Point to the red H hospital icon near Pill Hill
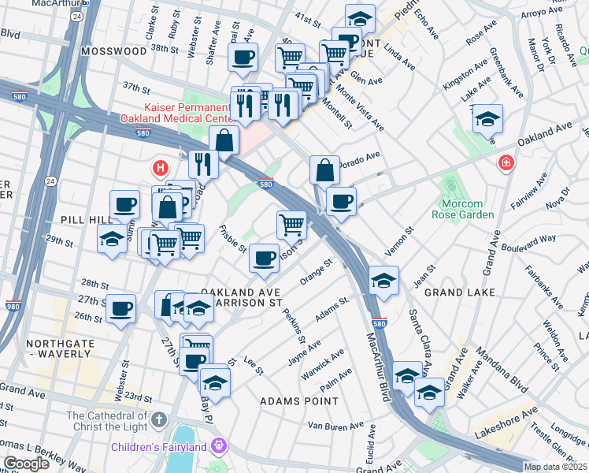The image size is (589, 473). click(x=161, y=168)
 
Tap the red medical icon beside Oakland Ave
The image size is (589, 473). click(x=506, y=163)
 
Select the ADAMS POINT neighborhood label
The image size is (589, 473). click(x=299, y=401)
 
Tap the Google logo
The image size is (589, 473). click(x=26, y=464)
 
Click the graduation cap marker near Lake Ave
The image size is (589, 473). click(x=487, y=119)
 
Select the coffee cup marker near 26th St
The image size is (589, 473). click(x=120, y=308)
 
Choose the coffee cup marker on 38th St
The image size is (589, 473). click(x=243, y=57)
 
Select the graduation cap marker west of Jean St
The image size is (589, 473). click(x=383, y=280)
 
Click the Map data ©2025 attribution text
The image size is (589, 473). click(x=555, y=467)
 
